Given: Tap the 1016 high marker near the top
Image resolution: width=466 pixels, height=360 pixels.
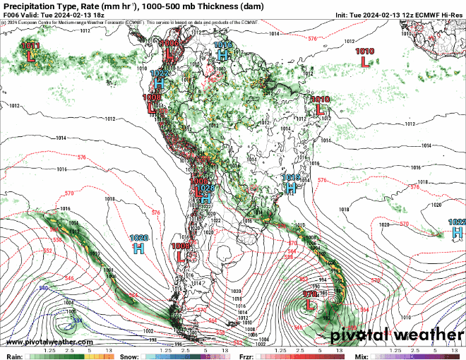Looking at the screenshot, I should pos(223,53).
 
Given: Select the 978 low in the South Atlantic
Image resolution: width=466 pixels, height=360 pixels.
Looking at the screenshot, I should pos(309,305).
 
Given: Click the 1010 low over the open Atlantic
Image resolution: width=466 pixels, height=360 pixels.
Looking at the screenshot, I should pos(364,61).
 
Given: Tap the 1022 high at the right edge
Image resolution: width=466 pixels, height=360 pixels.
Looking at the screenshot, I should pos(458,231).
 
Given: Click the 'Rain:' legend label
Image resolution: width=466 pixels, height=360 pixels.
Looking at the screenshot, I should pos(14,356).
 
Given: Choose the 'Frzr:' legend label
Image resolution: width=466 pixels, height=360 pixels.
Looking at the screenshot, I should pos(247,356).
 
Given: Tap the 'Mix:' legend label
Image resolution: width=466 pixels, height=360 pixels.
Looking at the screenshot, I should pos(361,356).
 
